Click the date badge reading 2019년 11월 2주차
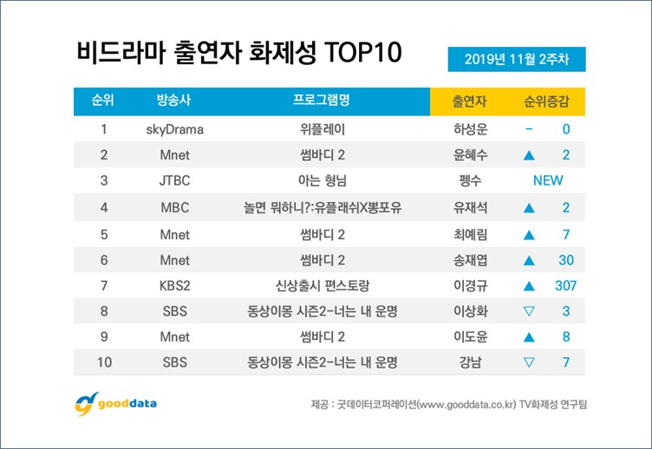pyautogui.click(x=517, y=59)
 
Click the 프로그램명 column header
pyautogui.click(x=322, y=100)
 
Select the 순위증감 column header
pyautogui.click(x=546, y=101)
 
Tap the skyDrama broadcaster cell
pyautogui.click(x=174, y=130)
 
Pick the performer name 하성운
pyautogui.click(x=470, y=129)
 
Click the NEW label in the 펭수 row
pyautogui.click(x=548, y=180)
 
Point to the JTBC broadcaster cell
pyautogui.click(x=174, y=180)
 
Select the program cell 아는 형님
pyautogui.click(x=323, y=180)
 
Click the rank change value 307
pyautogui.click(x=565, y=286)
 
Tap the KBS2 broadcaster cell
pyautogui.click(x=174, y=286)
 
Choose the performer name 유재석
pyautogui.click(x=470, y=207)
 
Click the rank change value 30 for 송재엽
pyautogui.click(x=566, y=260)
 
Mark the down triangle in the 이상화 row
pyautogui.click(x=529, y=311)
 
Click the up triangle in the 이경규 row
pyautogui.click(x=529, y=286)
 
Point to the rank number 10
pyautogui.click(x=104, y=362)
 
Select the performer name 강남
pyautogui.click(x=470, y=362)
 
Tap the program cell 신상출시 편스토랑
pyautogui.click(x=323, y=286)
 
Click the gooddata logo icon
pyautogui.click(x=86, y=404)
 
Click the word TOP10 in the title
pyautogui.click(x=362, y=52)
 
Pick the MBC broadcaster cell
pyautogui.click(x=174, y=207)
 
